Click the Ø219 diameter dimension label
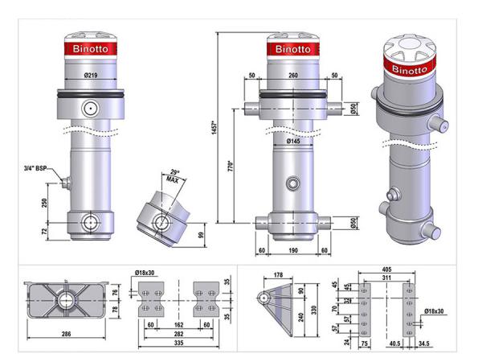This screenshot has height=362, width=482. click(90, 75)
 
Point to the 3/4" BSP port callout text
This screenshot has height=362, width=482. click(35, 168)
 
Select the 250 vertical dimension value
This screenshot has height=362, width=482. click(44, 203)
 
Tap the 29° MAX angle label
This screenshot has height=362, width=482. click(174, 176)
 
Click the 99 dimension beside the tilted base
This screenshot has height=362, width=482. click(202, 235)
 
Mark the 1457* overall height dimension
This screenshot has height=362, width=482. click(214, 128)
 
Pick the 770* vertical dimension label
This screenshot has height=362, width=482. click(231, 166)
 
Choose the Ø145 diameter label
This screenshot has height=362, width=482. click(293, 142)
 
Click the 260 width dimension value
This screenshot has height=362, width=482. click(293, 75)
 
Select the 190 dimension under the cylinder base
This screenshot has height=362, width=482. click(293, 250)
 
